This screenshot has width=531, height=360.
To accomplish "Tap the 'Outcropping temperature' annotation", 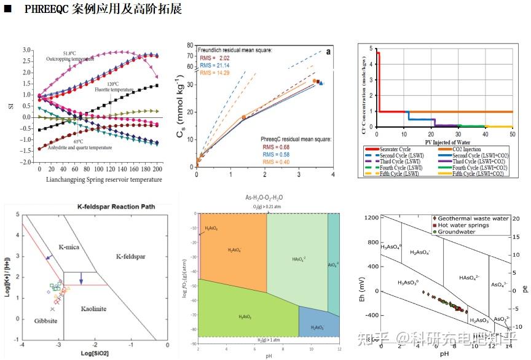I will (x=70, y=59).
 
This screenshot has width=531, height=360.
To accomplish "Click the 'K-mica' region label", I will (x=70, y=247).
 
